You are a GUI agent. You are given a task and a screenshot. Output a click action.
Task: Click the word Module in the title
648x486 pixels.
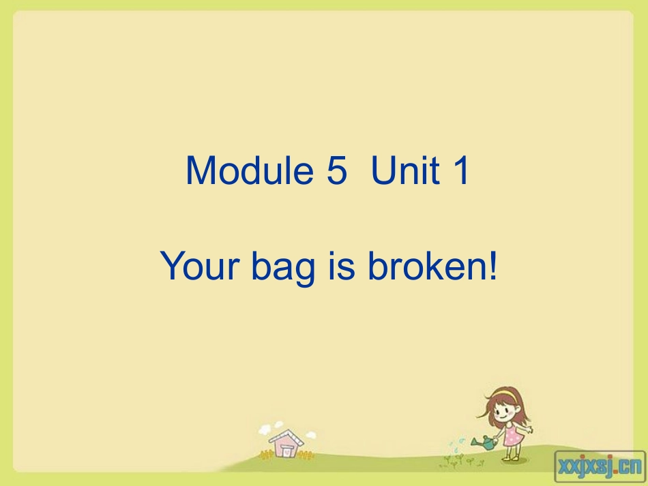247,170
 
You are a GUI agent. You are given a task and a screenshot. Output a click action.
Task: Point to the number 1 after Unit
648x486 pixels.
460,170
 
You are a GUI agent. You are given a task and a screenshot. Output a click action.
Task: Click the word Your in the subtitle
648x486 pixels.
199,266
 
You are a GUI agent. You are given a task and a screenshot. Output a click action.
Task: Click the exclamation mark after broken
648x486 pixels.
491,266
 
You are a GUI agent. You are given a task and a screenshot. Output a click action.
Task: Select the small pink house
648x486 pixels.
284,444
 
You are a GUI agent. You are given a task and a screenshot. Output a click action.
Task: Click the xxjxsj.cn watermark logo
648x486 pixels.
600,466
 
